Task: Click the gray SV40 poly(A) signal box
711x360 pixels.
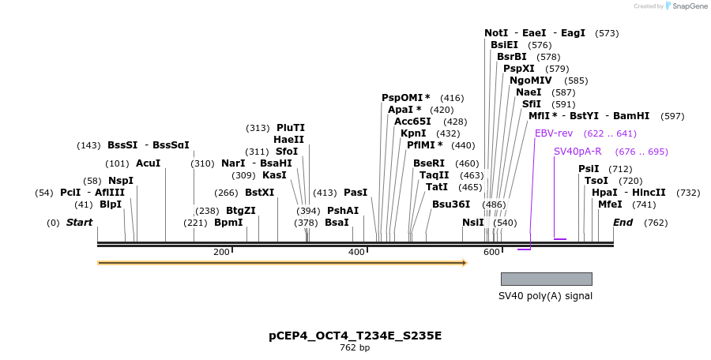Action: [x=546, y=279]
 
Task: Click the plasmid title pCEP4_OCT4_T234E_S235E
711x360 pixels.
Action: [x=355, y=336]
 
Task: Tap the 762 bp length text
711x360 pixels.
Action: [x=355, y=347]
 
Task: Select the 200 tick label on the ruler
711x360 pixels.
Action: [x=221, y=252]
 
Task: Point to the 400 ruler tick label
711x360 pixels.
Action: [x=356, y=252]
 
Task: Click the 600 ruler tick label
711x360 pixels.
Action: [x=491, y=252]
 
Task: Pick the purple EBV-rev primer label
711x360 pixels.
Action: [x=554, y=133]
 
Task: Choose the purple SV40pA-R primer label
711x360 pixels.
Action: [x=577, y=152]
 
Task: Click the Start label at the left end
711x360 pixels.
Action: [x=79, y=223]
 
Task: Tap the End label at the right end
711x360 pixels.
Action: [x=623, y=223]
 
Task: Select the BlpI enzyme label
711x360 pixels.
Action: [x=111, y=204]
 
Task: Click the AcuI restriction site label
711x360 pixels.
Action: [x=148, y=163]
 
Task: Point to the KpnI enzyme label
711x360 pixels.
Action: [x=413, y=133]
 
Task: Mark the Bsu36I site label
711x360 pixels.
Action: [x=451, y=204]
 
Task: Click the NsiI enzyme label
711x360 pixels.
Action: [x=473, y=223]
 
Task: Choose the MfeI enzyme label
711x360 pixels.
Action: [x=610, y=204]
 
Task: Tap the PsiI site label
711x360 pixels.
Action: [x=589, y=169]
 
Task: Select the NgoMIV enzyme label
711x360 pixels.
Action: [x=531, y=81]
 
